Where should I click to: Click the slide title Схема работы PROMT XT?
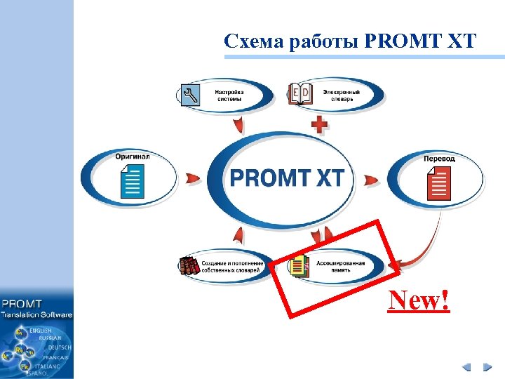coord(350,41)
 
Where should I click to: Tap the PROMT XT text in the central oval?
coord(287,177)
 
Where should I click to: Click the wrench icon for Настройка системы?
coord(191,95)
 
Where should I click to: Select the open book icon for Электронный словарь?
coord(302,95)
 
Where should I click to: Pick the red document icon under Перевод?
coord(439,182)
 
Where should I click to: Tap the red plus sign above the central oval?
coord(319,125)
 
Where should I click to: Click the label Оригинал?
coord(133,157)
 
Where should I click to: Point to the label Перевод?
coord(439,159)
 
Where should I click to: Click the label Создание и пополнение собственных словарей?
coord(231,267)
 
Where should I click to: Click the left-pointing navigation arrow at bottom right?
coord(466,367)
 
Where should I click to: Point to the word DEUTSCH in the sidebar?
coord(59,347)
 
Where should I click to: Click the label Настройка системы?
coord(229,95)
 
